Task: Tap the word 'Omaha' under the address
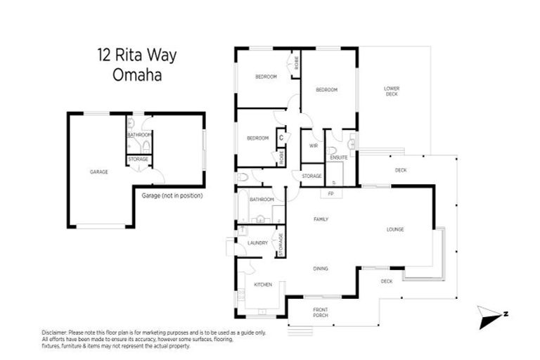point(138,75)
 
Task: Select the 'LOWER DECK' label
point(392,91)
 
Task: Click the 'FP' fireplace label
point(330,193)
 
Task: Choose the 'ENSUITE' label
point(339,157)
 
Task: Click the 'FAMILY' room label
point(321,219)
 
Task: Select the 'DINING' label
point(321,268)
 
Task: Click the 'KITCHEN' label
point(263,284)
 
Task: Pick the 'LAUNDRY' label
point(257,243)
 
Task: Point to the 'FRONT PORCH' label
point(321,312)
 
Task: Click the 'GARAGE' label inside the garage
point(98,172)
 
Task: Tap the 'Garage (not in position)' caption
point(172,195)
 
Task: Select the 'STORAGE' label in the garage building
point(139,160)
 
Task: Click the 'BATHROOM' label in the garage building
point(139,134)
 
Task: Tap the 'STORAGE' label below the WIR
point(312,175)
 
